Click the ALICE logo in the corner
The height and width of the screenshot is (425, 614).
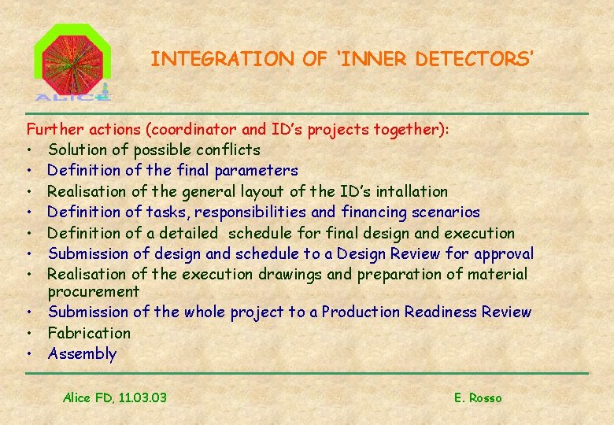(72, 63)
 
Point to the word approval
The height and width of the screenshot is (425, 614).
(504, 253)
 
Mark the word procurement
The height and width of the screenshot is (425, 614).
(93, 291)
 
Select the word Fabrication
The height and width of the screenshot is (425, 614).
(89, 333)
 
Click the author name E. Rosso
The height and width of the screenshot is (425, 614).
(478, 397)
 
